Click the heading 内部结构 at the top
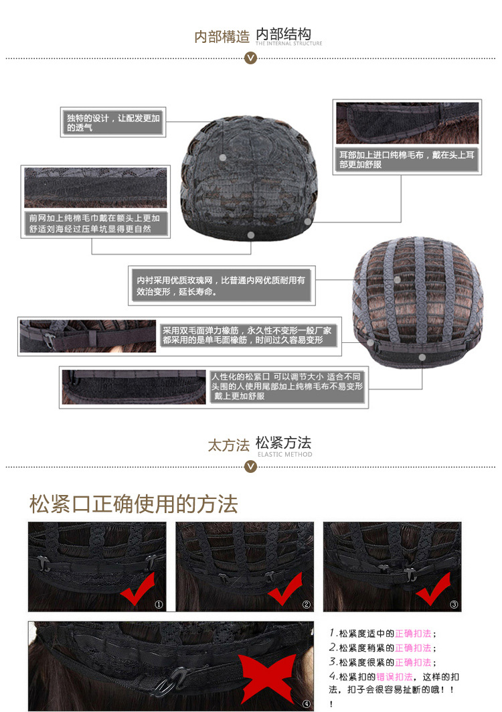coord(283,33)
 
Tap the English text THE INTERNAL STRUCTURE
coord(288,44)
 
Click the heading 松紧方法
coord(283,442)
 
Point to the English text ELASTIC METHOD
coord(284,454)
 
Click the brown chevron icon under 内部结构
coord(250,58)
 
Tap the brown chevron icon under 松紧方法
coord(250,466)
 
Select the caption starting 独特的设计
coord(114,123)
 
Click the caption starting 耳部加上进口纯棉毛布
coord(407,160)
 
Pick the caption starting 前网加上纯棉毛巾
coord(94,224)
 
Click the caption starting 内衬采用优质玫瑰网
coord(221,285)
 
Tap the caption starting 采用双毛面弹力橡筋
coord(247,335)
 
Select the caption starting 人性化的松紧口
coord(287,386)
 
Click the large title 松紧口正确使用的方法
coord(133,504)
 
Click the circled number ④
coord(307,704)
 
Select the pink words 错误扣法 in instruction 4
coord(394,677)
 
